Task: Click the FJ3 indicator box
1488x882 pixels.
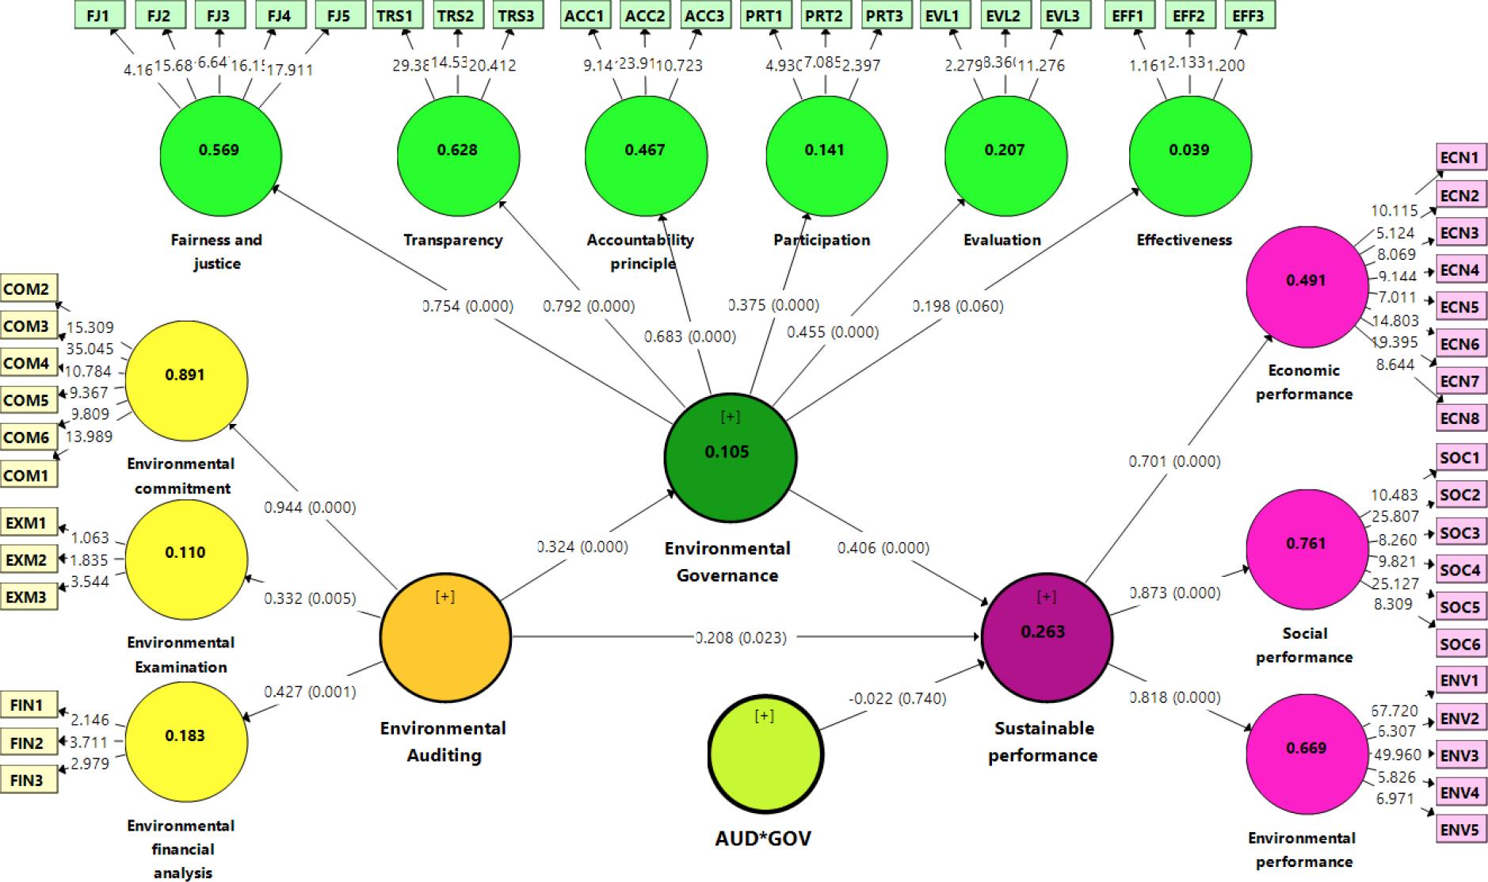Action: [219, 15]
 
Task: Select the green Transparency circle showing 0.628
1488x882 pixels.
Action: [457, 154]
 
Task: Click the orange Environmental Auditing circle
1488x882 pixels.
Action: [444, 637]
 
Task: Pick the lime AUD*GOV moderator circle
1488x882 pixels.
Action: [765, 754]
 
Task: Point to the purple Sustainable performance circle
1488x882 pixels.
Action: [1046, 636]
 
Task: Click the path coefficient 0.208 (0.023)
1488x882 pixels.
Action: [741, 637]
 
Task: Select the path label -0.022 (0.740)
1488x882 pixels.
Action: [898, 698]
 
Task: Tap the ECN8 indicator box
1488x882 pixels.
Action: [1459, 418]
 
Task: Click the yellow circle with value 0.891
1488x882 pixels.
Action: [185, 380]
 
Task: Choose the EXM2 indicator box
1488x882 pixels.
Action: [27, 560]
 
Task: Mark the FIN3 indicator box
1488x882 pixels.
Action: [27, 780]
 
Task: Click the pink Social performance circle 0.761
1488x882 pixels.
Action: [1306, 548]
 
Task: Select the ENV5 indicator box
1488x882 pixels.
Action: [1459, 830]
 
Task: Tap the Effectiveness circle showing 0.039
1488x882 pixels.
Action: [1189, 154]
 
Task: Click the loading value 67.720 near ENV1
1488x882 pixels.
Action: [1394, 710]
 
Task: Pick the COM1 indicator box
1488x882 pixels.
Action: [27, 475]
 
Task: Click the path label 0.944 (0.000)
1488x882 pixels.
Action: [310, 507]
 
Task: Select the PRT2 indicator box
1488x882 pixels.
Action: [825, 15]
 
